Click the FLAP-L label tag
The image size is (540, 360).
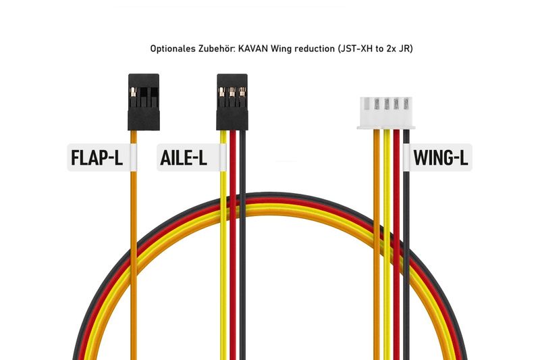102,157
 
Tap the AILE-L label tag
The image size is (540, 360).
192,157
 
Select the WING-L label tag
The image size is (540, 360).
437,157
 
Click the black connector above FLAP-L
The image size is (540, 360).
144,102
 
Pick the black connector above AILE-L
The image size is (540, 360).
232,102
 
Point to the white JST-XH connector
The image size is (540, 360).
386,113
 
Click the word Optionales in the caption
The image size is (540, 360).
173,49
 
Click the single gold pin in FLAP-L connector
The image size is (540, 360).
133,93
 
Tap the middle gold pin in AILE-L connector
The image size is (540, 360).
232,93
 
